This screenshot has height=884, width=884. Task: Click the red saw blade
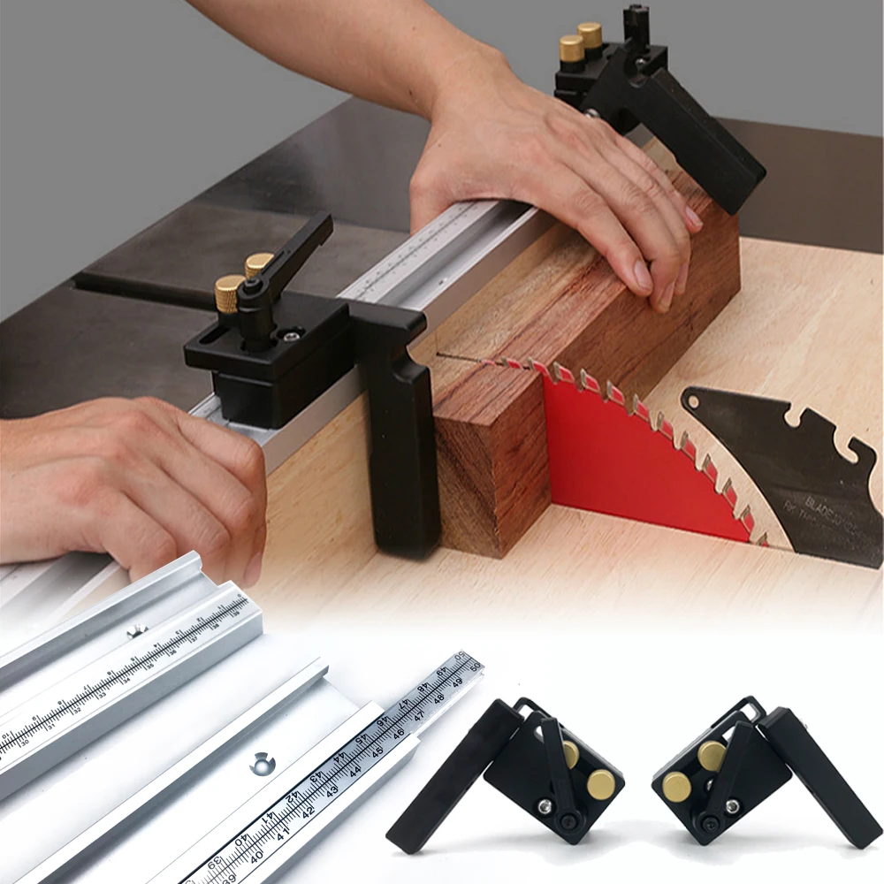(x=619, y=460)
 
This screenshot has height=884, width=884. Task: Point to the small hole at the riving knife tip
(x=695, y=402)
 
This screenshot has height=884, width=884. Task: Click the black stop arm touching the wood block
(x=402, y=442)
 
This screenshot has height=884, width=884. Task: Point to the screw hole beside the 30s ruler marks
(x=135, y=630)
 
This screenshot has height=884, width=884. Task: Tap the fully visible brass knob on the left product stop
(x=601, y=784)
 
